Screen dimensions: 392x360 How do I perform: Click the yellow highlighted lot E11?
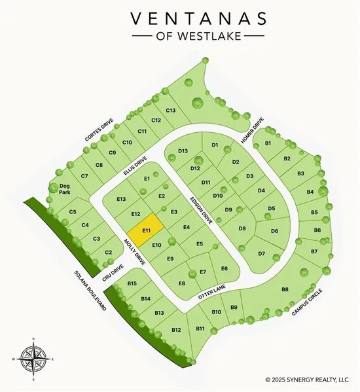click(147, 230)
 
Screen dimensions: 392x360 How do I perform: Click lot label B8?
click(285, 289)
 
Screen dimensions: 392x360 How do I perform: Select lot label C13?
click(171, 110)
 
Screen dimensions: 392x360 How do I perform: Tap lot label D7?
click(261, 253)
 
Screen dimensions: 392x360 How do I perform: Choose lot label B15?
click(132, 283)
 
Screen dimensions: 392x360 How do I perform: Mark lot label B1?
click(268, 144)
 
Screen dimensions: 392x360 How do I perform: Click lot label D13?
click(183, 151)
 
